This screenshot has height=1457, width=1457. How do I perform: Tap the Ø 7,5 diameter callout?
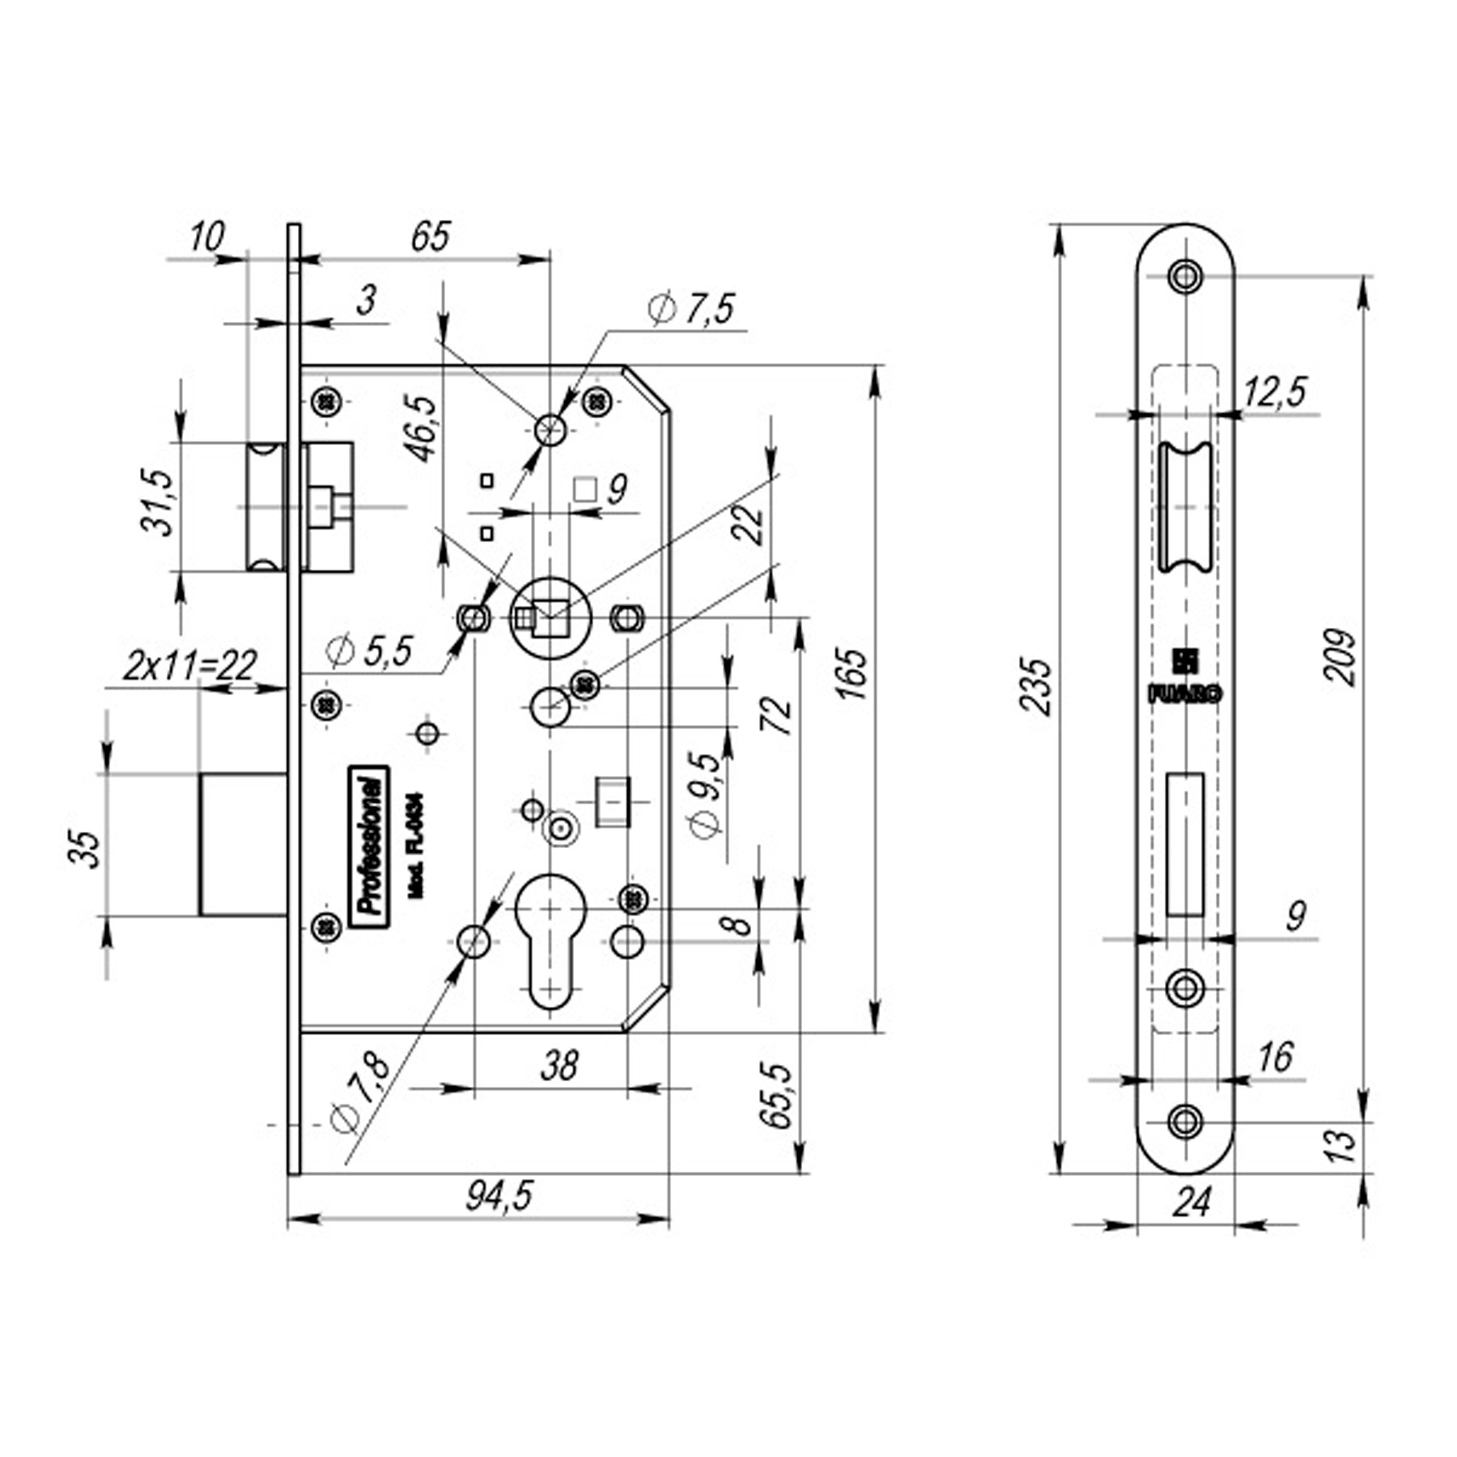tap(690, 310)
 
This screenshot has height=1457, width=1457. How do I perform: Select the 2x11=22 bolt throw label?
tap(190, 665)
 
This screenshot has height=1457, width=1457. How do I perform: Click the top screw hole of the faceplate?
tap(1185, 276)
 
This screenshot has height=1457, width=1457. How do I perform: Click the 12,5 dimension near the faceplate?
tap(1273, 393)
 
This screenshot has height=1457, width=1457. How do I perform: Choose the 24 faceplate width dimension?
tap(1193, 1222)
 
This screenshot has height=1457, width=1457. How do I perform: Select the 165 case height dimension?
tap(856, 673)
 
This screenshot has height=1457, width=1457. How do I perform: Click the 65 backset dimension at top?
tap(431, 236)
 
